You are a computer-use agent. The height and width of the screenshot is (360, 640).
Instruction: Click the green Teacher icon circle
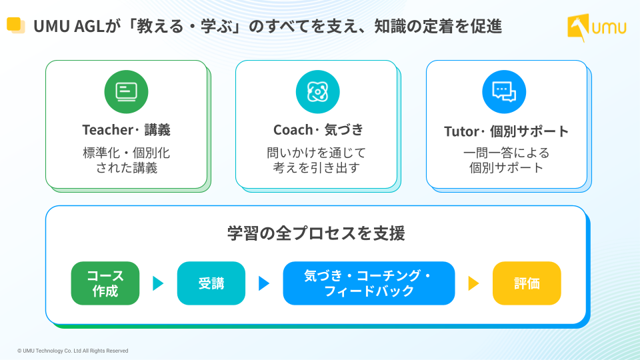[x=126, y=92]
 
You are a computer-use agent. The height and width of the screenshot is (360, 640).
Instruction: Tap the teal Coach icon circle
[x=317, y=92]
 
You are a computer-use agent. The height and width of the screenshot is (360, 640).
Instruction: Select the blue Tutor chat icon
[x=504, y=92]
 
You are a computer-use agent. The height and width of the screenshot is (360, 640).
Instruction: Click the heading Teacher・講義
[x=126, y=130]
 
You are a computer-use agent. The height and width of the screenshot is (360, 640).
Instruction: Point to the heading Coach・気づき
[x=318, y=130]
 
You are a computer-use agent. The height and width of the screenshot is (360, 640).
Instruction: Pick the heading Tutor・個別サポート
[x=506, y=131]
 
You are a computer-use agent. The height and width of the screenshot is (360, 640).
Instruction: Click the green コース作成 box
[x=105, y=283]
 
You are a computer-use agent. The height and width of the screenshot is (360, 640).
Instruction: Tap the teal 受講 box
[x=211, y=283]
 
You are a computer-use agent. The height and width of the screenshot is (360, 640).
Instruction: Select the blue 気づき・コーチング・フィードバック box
[x=369, y=283]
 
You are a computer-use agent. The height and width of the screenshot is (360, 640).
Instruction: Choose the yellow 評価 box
[x=527, y=283]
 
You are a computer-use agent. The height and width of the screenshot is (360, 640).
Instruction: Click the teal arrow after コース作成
[x=157, y=283]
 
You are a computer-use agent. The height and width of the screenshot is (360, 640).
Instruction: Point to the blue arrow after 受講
[x=264, y=283]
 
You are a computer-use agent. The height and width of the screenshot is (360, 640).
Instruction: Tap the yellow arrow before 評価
[x=473, y=283]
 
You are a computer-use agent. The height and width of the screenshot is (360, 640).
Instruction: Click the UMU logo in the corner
[x=596, y=27]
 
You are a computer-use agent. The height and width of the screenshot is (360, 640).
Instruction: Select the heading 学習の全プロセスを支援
[x=316, y=233]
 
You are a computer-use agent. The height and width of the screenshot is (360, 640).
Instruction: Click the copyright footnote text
[x=73, y=351]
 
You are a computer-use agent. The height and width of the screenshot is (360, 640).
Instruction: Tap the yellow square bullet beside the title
[x=15, y=25]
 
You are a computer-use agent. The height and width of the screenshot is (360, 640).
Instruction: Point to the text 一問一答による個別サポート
[x=506, y=161]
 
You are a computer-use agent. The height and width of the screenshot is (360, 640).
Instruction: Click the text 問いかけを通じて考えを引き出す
[x=316, y=161]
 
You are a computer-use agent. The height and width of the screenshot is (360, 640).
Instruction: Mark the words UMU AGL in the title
[x=69, y=27]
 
